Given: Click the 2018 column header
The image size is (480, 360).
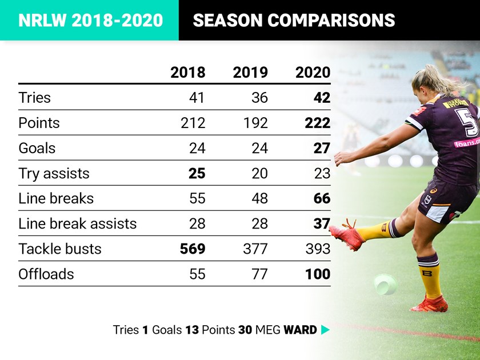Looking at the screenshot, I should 187,73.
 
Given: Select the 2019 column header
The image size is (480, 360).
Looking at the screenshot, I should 250,73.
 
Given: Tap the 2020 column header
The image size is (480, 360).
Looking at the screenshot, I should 313,73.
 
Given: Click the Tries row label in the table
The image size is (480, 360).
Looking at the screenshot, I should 34,98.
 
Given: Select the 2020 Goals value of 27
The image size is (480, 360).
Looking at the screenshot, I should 321,148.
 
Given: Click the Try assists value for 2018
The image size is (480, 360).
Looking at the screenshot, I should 197,173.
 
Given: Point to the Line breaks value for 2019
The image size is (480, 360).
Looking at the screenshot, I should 259,198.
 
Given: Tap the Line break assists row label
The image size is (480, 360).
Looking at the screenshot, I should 77,223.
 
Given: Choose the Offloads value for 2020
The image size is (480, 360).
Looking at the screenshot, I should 317,274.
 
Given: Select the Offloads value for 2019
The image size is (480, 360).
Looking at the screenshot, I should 259,274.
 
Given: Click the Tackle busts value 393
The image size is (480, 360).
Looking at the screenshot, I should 317,249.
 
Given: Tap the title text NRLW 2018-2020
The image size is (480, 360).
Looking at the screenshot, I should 90,21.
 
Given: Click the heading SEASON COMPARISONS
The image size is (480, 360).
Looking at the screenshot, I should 294,21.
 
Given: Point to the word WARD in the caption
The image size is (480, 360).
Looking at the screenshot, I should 300,330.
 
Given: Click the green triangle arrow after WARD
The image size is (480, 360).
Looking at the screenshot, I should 325,330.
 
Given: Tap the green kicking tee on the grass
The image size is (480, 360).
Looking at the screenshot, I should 385,284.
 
